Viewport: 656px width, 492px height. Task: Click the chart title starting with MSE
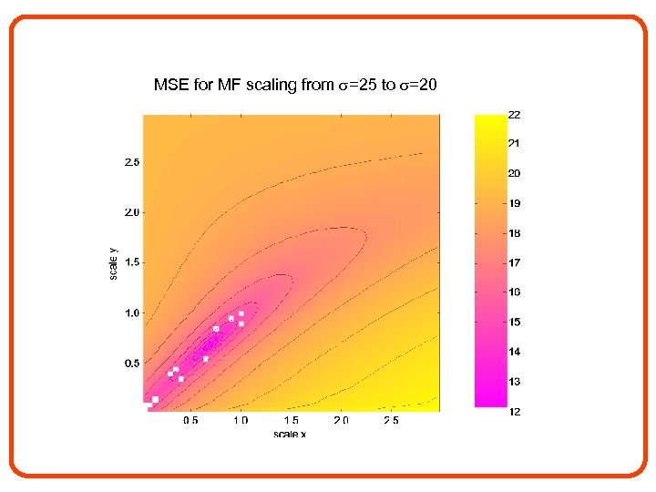[x=295, y=86]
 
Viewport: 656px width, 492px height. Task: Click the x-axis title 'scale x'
[x=290, y=434]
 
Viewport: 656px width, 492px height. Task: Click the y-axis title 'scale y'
[x=113, y=262]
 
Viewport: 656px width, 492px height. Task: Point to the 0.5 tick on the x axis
[x=190, y=421]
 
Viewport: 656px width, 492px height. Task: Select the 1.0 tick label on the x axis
[x=241, y=421]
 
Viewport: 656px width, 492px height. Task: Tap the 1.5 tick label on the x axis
[x=291, y=421]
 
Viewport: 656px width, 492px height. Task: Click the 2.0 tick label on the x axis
[x=341, y=421]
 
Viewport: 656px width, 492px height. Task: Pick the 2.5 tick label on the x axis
[x=391, y=421]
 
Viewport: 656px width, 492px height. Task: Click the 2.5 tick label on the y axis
[x=132, y=163]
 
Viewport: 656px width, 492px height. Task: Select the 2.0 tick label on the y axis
[x=132, y=213]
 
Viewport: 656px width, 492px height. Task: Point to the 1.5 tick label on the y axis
[x=132, y=263]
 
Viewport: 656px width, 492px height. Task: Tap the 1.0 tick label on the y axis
[x=132, y=313]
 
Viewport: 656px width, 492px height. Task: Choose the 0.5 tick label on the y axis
[x=132, y=364]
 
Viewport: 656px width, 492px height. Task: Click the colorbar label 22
[x=514, y=115]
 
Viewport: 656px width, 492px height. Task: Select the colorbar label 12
[x=514, y=412]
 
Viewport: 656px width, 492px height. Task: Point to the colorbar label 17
[x=514, y=263]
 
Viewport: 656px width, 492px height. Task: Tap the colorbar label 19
[x=514, y=203]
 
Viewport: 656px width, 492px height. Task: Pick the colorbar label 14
[x=514, y=352]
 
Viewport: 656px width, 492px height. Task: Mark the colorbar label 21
[x=514, y=144]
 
